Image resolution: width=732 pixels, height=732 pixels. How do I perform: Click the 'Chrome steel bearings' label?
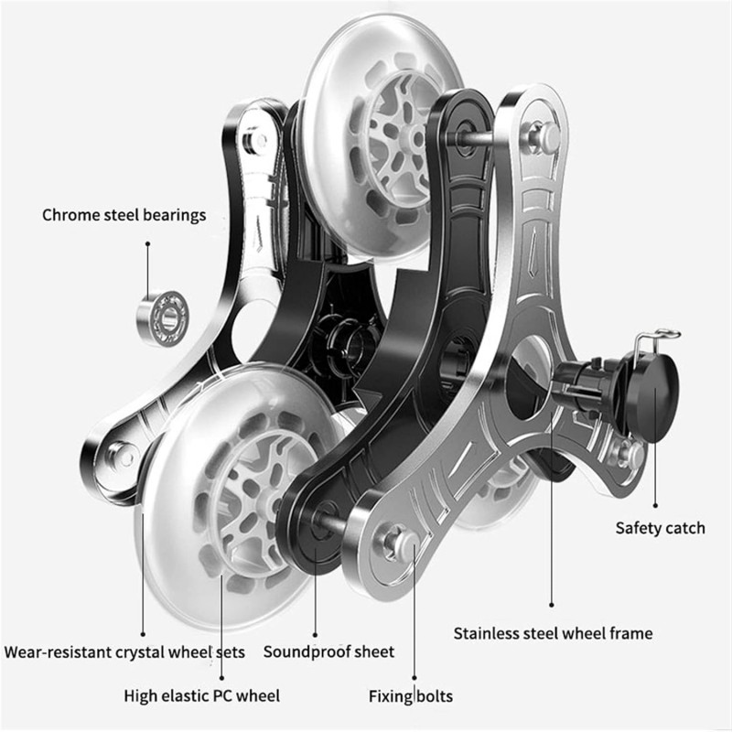tap(124, 215)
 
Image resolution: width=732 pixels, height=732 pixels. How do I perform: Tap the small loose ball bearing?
tap(164, 318)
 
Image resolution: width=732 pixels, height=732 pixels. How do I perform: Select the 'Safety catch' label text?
tap(660, 528)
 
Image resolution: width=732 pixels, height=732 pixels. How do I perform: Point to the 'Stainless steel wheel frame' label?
tap(553, 633)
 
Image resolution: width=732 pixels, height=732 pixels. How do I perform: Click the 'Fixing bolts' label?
tap(410, 696)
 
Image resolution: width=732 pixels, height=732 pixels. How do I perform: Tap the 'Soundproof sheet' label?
tap(328, 651)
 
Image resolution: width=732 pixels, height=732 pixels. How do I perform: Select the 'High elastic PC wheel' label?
tap(201, 695)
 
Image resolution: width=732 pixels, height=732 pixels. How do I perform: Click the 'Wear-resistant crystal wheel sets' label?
tap(124, 651)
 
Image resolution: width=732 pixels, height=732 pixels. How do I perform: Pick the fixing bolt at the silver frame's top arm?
tap(542, 135)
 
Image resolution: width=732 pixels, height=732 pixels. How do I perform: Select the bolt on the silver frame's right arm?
tap(628, 453)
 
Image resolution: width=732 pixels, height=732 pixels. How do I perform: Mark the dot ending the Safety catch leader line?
tap(655, 505)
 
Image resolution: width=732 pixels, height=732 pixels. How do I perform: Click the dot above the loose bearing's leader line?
tap(147, 243)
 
